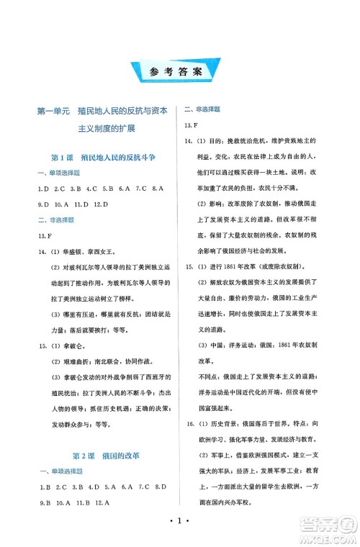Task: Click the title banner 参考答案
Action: pyautogui.click(x=180, y=71)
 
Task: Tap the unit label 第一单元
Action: pyautogui.click(x=53, y=112)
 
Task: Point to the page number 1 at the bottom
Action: pyautogui.click(x=180, y=521)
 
